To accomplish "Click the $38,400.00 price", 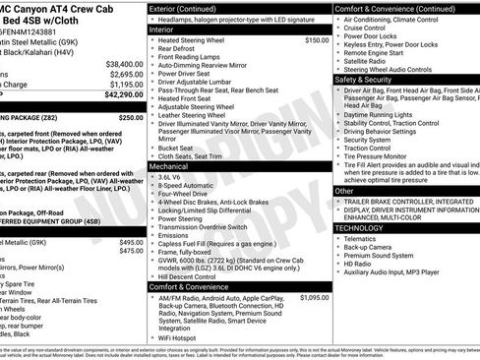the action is click(x=124, y=63).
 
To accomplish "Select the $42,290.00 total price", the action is click(x=124, y=95).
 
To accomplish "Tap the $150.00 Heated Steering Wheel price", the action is click(x=317, y=40).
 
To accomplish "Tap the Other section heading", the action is click(x=344, y=191).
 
